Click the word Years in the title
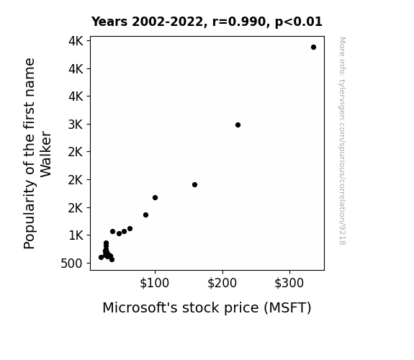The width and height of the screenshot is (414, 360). tap(109, 22)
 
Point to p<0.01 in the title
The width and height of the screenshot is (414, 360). tap(299, 22)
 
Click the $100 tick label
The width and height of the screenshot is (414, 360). tap(154, 283)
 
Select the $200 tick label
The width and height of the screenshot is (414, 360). tap(222, 283)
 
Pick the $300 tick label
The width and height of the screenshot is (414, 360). tap(289, 283)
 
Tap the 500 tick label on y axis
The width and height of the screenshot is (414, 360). tap(71, 264)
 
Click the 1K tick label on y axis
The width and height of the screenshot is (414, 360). tap(76, 235)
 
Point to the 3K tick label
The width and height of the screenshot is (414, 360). tap(76, 125)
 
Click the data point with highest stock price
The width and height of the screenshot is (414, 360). tap(313, 48)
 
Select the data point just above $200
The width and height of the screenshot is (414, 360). tap(238, 125)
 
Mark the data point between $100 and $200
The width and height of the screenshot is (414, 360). tap(194, 184)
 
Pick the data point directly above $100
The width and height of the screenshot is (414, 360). tap(155, 197)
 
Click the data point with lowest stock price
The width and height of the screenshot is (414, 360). tap(101, 257)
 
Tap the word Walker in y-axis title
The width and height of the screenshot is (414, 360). tap(45, 154)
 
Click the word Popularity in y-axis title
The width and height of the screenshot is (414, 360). tap(30, 215)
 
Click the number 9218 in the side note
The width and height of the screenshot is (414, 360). tap(342, 236)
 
